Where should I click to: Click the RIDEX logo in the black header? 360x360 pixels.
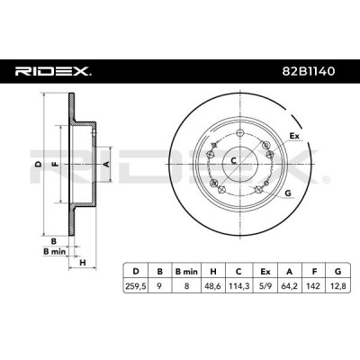pyautogui.click(x=53, y=71)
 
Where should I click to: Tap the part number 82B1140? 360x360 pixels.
pyautogui.click(x=309, y=71)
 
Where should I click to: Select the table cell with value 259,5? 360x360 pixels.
pyautogui.click(x=136, y=286)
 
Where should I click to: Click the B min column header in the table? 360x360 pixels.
pyautogui.click(x=186, y=272)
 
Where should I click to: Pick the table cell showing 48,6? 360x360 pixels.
pyautogui.click(x=213, y=286)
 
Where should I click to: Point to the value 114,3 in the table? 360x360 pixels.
pyautogui.click(x=238, y=286)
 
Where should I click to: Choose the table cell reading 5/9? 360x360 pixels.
pyautogui.click(x=265, y=286)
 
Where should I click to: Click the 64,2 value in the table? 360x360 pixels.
pyautogui.click(x=290, y=286)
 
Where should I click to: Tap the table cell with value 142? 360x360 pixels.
pyautogui.click(x=314, y=286)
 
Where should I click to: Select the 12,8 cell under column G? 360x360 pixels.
pyautogui.click(x=338, y=286)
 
